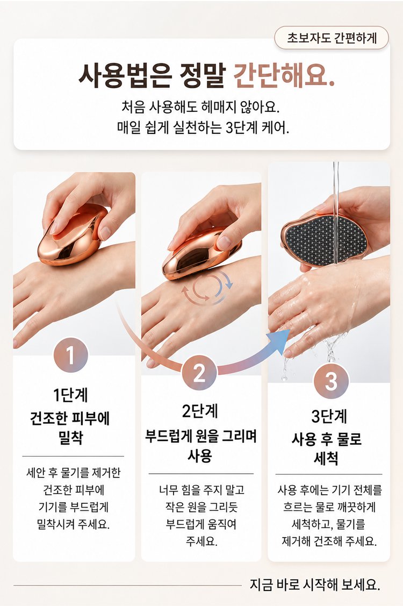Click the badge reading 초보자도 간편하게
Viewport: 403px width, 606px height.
pos(331,38)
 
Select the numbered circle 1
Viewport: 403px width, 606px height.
pos(71,355)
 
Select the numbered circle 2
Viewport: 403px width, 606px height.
pos(199,373)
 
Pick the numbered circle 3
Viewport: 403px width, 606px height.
pos(331,381)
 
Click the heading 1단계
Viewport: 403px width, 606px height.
pos(71,395)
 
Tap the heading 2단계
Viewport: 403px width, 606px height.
pos(200,411)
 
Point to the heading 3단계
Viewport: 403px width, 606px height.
pos(329,416)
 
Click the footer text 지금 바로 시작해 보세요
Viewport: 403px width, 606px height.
pos(315,584)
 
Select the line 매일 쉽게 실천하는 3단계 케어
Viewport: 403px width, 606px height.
pos(203,127)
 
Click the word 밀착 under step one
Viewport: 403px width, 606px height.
pos(71,438)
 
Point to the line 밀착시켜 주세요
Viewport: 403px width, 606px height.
pos(73,524)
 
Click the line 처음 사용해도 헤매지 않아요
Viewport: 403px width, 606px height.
pos(200,106)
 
